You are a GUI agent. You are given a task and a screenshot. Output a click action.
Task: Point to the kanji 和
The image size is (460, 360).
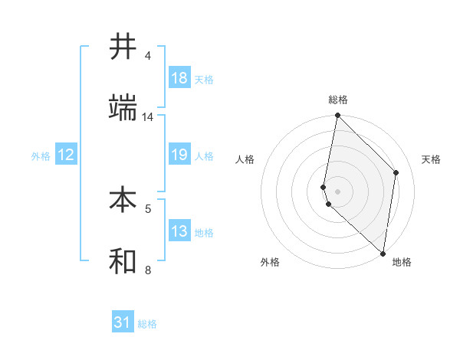point(123,260)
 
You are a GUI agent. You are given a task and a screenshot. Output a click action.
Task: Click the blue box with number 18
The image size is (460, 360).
point(179,78)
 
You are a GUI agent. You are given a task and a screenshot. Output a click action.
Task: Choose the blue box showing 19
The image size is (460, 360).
point(179,155)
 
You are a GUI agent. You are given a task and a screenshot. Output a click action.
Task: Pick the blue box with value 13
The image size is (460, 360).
point(179,231)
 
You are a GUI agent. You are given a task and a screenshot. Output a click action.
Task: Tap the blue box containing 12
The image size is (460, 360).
point(66,155)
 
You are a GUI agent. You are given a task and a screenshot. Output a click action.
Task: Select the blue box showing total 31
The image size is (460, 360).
point(123,322)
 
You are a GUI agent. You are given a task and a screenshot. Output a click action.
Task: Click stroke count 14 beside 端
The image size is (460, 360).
point(148,117)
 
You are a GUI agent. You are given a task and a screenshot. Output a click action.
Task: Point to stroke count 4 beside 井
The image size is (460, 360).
point(148,56)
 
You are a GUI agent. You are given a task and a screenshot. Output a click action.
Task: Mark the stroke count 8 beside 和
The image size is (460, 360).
point(148,270)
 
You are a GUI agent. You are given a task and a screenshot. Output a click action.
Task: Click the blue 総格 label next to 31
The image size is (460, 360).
point(147,324)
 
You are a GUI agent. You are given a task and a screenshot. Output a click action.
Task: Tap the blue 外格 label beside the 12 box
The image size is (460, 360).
point(41,156)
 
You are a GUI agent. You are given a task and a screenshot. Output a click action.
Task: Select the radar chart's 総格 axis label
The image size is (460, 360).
point(338,100)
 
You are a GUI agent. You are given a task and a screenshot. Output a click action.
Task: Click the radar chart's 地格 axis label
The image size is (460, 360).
point(402,262)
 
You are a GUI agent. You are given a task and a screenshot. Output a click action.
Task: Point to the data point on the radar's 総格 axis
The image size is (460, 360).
point(338,116)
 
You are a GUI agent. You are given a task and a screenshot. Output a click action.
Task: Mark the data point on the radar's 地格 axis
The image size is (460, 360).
point(383,254)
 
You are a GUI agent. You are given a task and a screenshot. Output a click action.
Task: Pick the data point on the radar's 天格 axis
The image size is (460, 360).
point(396,172)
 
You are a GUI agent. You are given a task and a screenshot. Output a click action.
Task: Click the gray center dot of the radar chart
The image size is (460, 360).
point(338,191)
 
